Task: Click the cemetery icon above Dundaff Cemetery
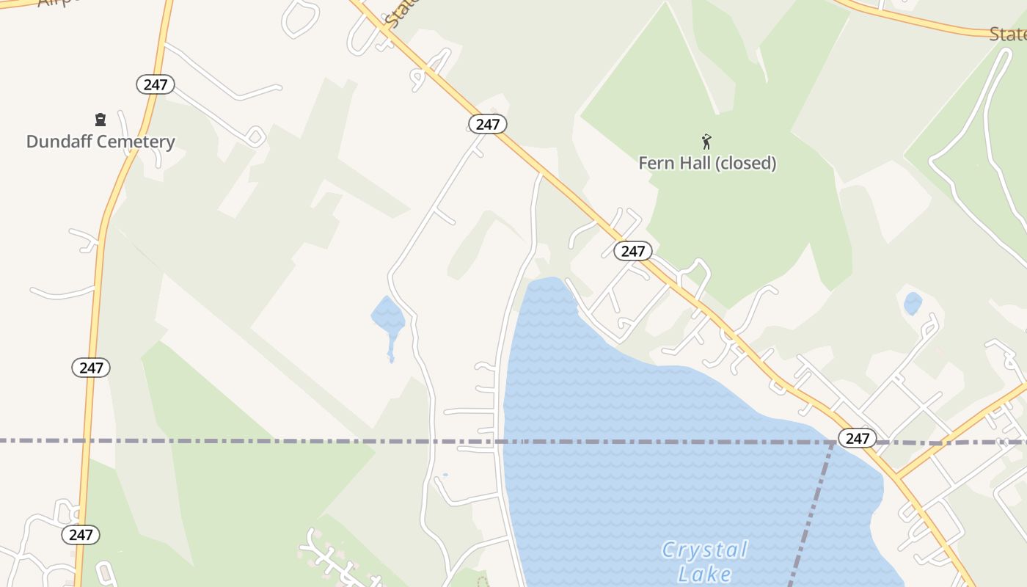click(100, 120)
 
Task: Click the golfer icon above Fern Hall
click(706, 142)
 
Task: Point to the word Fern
click(656, 163)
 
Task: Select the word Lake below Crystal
click(704, 573)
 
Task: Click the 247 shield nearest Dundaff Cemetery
click(155, 84)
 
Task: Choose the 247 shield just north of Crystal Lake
click(632, 252)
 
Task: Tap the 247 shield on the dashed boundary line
click(857, 438)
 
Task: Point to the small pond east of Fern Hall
click(913, 303)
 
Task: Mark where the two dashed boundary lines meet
click(835, 442)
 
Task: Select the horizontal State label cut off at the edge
click(1007, 34)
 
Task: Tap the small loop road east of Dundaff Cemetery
click(255, 136)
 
